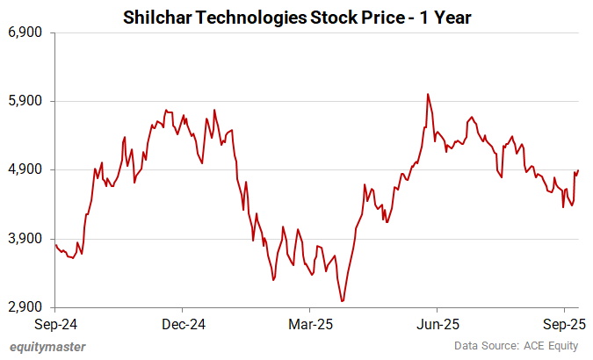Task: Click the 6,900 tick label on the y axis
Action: coord(25,32)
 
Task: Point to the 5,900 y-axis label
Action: coord(25,101)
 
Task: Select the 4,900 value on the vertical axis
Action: coord(25,169)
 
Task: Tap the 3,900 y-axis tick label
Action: coord(25,239)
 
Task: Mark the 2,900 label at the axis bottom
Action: coord(25,307)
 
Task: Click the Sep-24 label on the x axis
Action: coord(55,323)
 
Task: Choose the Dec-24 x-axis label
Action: coord(184,323)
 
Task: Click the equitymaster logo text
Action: coord(47,346)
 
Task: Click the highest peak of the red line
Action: coord(427,94)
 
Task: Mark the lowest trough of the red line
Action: coord(343,301)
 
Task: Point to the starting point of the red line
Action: coord(55,245)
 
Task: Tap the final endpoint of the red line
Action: coord(579,170)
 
